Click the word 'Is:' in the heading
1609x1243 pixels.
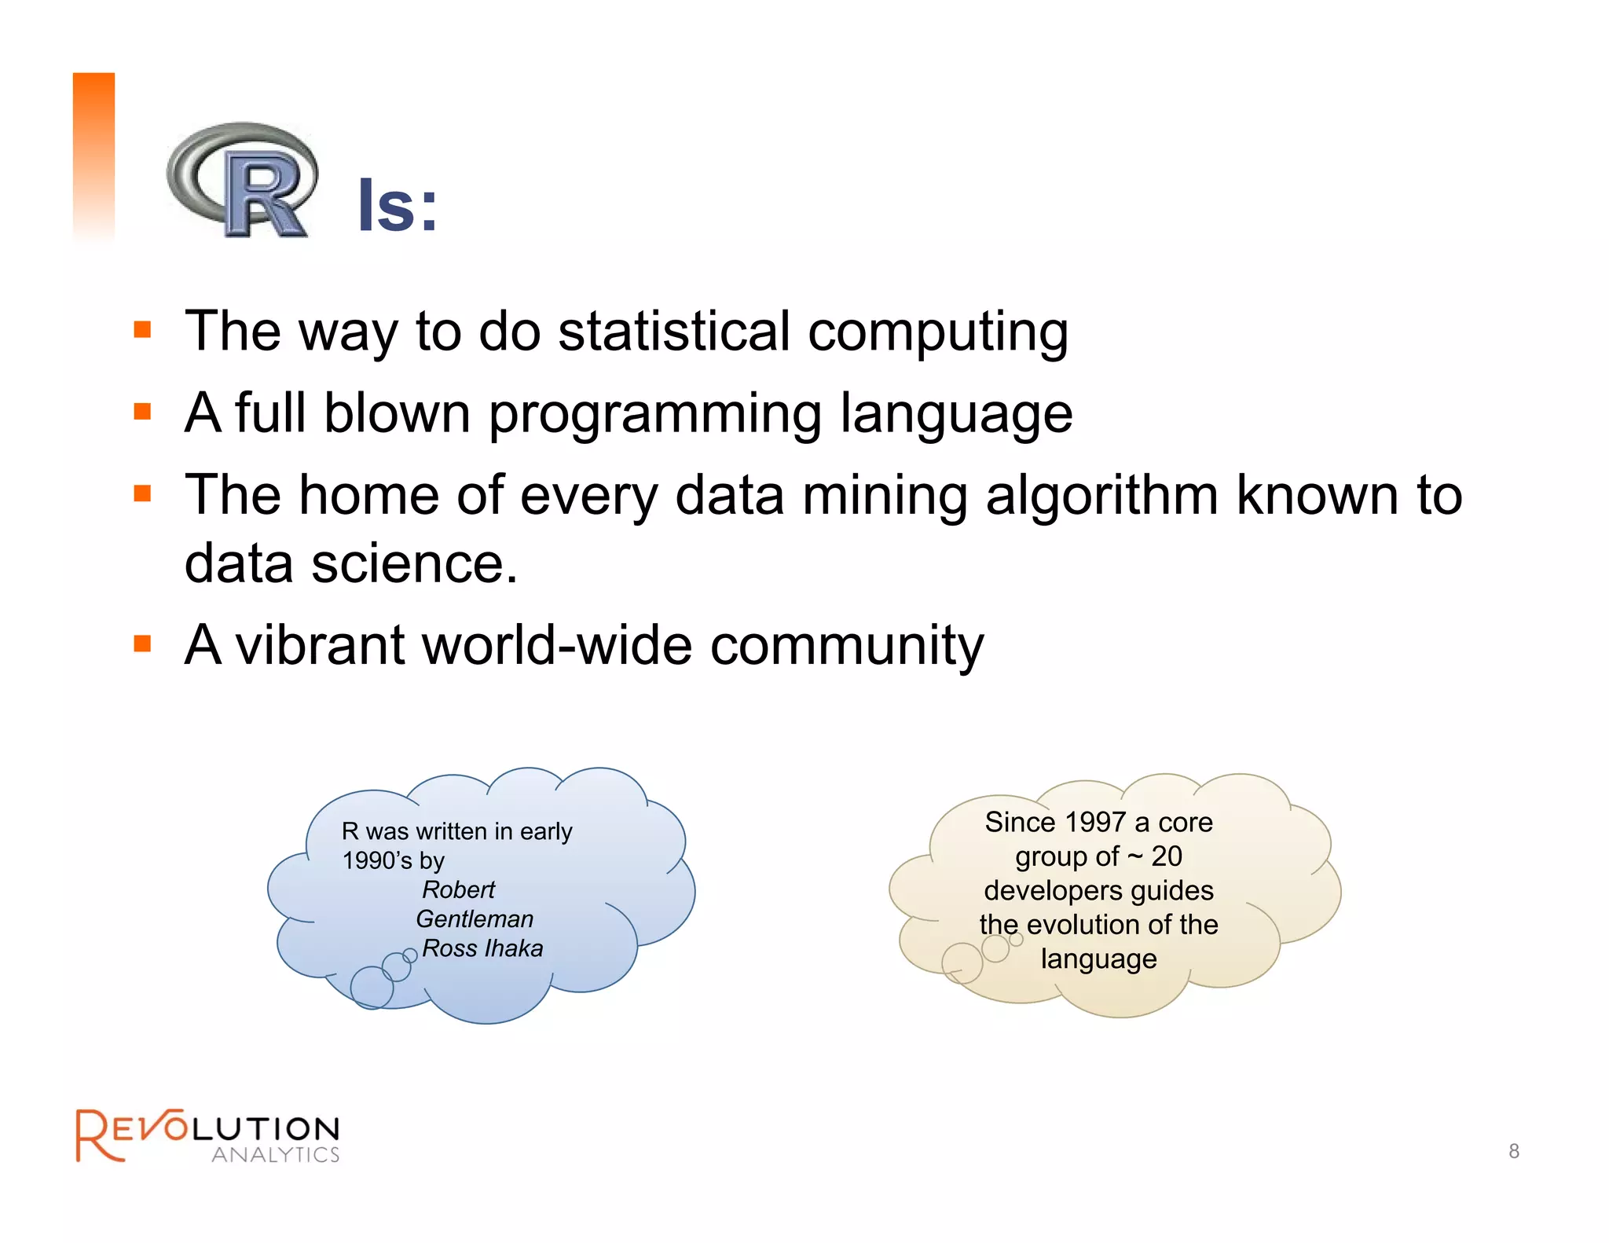coord(398,206)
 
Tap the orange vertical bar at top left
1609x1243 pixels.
coord(93,153)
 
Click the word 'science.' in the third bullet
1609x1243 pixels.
coord(415,564)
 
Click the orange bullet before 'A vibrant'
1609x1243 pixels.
coord(142,644)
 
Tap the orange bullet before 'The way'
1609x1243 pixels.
coord(142,329)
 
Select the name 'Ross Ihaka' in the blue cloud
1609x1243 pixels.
coord(482,948)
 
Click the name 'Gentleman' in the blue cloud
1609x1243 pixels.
coord(475,918)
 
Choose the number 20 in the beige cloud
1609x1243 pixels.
coord(1167,856)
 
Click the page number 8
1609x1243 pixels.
coord(1513,1151)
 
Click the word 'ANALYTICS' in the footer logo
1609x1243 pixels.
coord(275,1154)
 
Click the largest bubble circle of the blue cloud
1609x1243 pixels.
coord(372,988)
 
